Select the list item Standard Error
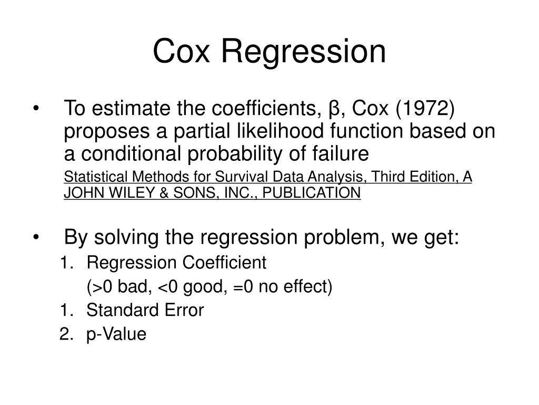145,311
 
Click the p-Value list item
116,334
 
